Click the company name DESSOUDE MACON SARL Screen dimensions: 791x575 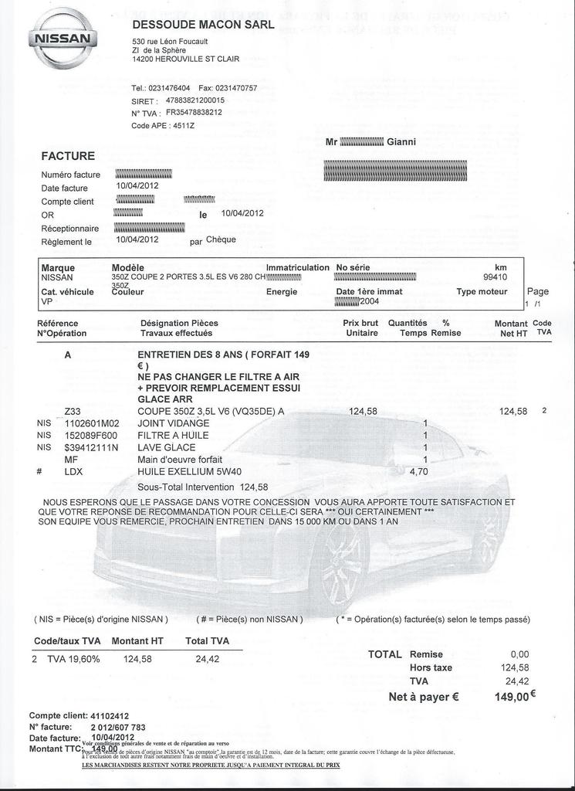pos(204,25)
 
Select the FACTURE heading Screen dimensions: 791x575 pos(68,156)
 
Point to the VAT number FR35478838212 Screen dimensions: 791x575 pos(194,112)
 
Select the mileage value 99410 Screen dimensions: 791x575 pos(495,277)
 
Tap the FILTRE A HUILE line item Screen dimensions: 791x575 pos(173,436)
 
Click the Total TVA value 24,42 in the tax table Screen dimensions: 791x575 pos(208,659)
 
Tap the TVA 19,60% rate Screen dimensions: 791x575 pos(74,659)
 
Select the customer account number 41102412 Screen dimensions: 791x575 pos(110,715)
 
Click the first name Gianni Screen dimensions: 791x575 pos(401,142)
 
